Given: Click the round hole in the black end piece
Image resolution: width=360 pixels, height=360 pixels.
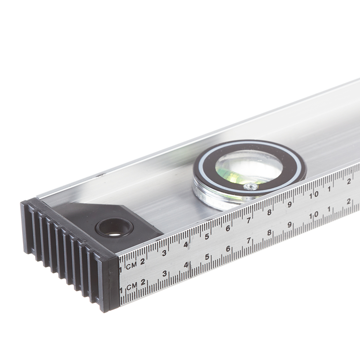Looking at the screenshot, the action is coord(114,228).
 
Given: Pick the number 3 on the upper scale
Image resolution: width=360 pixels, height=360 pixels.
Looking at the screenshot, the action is coord(164,253).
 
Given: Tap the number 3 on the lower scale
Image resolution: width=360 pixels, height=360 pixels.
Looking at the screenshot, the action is coord(165,274).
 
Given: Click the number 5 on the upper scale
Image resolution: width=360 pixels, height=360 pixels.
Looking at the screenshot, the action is coord(207,237).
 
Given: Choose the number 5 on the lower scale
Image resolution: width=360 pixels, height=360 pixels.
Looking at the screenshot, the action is coord(207,257).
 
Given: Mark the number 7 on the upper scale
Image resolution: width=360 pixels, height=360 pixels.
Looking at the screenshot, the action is coord(248,220).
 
